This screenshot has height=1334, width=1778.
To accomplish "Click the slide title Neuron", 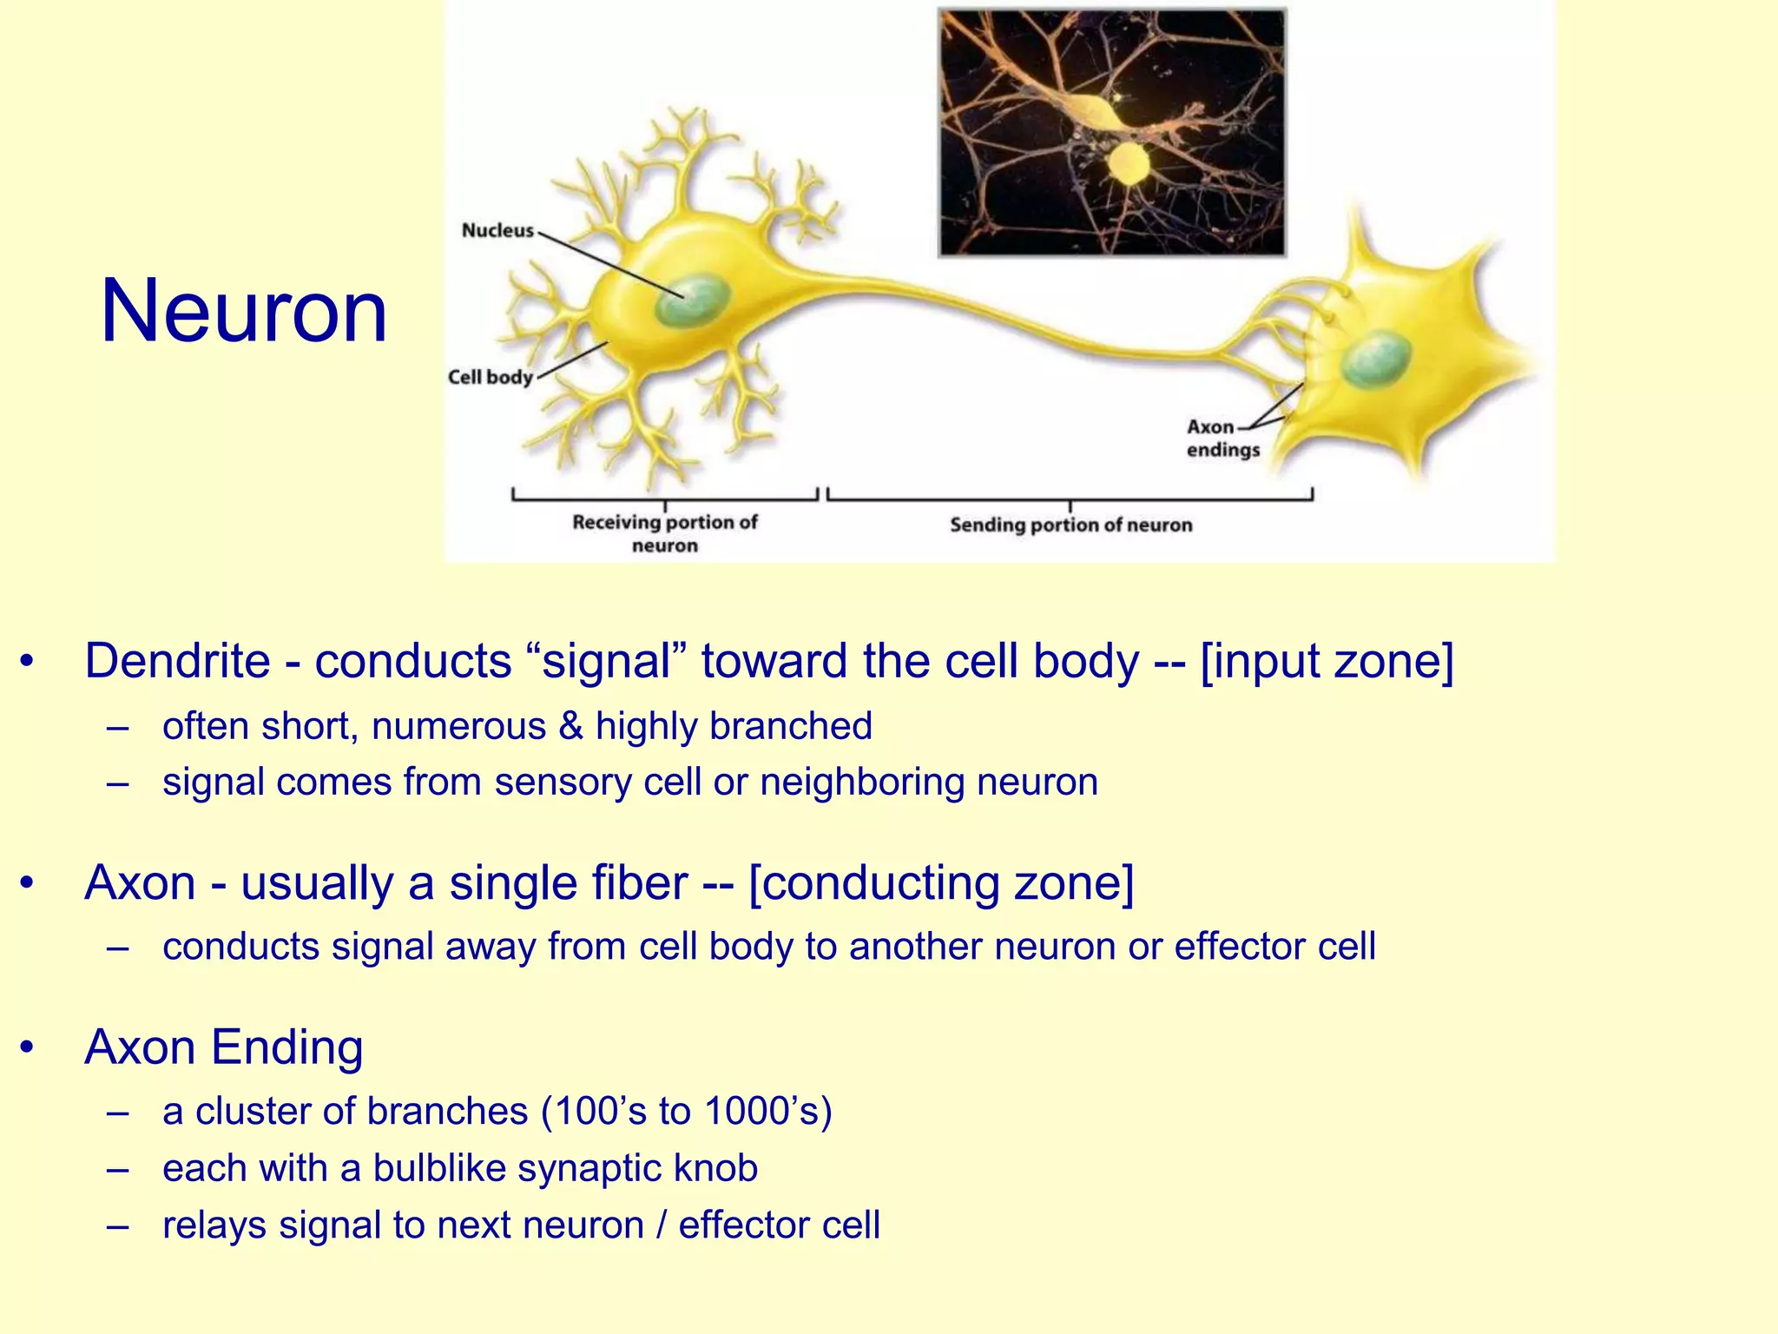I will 244,311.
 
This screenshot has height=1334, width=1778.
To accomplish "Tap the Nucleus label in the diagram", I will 497,230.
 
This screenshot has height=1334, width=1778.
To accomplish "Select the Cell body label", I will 490,377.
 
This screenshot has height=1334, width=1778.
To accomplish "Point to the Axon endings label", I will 1222,439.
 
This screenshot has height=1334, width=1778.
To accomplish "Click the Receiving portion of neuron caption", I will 664,533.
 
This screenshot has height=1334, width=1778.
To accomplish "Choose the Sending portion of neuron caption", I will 1070,525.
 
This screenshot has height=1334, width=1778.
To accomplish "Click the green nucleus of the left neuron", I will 690,300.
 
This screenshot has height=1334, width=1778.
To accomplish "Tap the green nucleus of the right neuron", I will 1375,360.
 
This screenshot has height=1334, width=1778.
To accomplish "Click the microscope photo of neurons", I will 1112,132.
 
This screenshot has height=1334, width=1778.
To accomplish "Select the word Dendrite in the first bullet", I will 177,661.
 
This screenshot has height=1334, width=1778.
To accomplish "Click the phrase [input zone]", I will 1327,661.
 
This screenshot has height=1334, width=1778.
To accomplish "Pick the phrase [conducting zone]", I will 941,883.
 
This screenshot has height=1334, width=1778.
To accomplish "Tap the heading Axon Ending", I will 224,1047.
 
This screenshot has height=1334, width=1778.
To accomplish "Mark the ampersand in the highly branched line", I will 571,726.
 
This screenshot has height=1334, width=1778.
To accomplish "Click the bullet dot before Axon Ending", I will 29,1048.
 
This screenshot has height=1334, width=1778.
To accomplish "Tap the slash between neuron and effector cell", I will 662,1225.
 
